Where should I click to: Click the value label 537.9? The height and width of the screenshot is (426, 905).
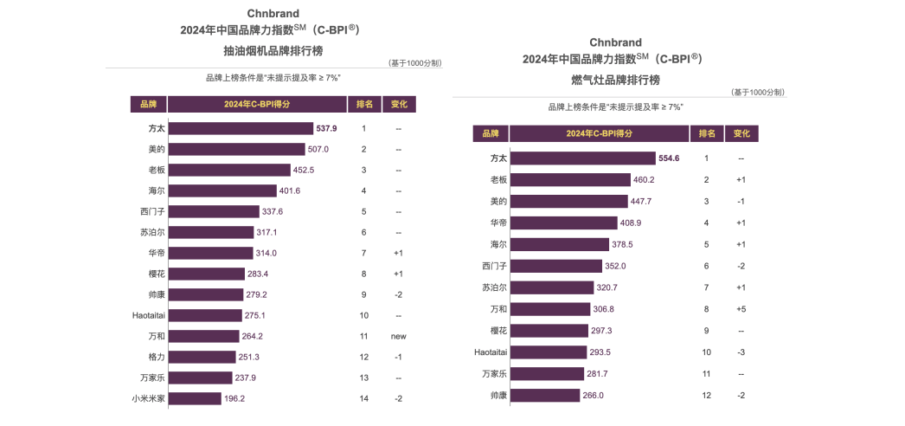coord(326,128)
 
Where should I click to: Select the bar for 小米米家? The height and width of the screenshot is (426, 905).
coord(195,398)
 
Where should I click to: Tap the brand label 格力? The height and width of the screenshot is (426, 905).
coord(157,357)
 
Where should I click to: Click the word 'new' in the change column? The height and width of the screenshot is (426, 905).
coord(398,336)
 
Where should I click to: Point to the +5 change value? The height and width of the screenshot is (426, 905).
coord(741,309)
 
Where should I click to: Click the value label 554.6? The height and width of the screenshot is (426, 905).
coord(669,158)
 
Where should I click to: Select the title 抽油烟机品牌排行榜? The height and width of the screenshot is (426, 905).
coord(273,51)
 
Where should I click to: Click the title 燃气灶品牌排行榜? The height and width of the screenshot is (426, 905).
coord(615,81)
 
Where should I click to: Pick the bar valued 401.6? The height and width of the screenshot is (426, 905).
coord(222,190)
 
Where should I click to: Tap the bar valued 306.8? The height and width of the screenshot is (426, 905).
coord(550,309)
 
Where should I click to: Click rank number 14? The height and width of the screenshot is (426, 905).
coord(363,398)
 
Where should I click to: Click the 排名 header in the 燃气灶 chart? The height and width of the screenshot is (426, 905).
coord(707,133)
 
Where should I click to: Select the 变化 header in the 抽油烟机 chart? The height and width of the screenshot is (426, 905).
coord(399,105)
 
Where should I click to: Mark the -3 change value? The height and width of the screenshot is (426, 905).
coord(741,352)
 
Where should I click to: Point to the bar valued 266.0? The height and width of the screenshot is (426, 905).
coord(545,396)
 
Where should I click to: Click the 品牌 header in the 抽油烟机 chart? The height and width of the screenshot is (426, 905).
coord(148,105)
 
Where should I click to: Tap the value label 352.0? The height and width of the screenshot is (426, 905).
coord(617,266)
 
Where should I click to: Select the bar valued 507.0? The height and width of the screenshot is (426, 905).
coord(237,149)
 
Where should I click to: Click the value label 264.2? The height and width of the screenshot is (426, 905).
coord(253,336)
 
